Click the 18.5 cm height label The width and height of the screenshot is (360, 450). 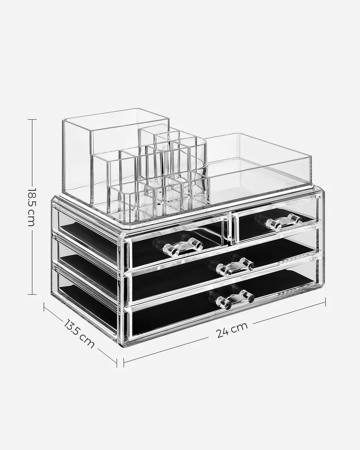[x=31, y=207]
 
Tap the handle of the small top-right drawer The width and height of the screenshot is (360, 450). [x=284, y=222]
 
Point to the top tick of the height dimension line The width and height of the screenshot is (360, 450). [x=32, y=119]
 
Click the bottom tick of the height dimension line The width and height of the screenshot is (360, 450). [x=32, y=294]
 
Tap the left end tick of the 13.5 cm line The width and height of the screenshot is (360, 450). [x=44, y=307]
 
